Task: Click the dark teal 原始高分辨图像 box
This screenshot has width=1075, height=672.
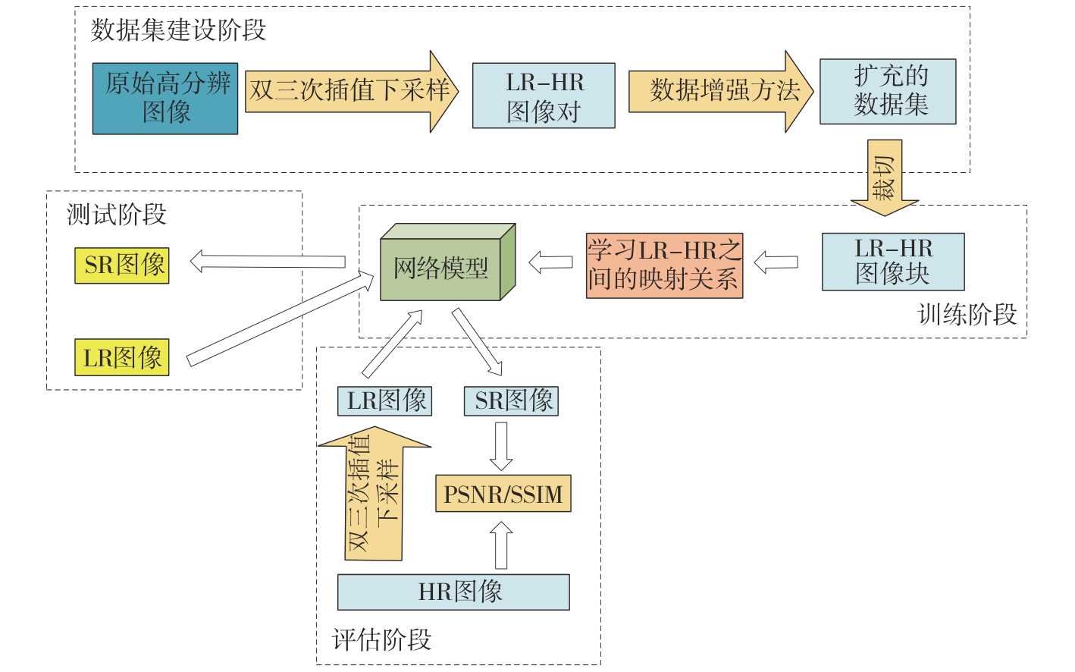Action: (x=165, y=99)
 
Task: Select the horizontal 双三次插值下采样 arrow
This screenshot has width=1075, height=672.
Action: (x=350, y=91)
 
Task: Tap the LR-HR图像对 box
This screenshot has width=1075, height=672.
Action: (x=544, y=96)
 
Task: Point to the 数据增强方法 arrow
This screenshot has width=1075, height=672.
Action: (x=720, y=91)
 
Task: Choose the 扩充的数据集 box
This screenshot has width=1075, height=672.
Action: (x=888, y=91)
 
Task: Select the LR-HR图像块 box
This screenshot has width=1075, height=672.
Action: (x=893, y=262)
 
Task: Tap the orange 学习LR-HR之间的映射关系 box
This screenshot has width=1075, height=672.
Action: (x=664, y=265)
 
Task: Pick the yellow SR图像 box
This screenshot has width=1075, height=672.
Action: (x=122, y=265)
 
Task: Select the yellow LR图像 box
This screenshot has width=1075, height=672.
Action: (x=122, y=358)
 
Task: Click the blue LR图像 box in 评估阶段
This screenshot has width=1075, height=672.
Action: (x=385, y=400)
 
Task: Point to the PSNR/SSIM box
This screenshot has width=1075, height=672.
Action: (x=503, y=494)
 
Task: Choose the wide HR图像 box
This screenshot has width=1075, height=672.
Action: (x=453, y=592)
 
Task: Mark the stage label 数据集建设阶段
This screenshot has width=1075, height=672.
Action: (x=178, y=30)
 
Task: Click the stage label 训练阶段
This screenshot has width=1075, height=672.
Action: (x=967, y=314)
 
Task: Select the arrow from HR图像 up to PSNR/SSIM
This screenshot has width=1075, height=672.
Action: (x=501, y=545)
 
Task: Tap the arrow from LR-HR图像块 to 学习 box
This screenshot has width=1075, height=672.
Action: (x=776, y=262)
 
